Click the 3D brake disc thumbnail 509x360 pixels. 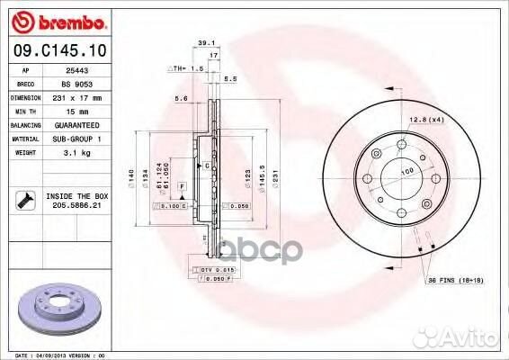pyautogui.click(x=58, y=308)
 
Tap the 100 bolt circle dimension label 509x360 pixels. pyautogui.click(x=406, y=170)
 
